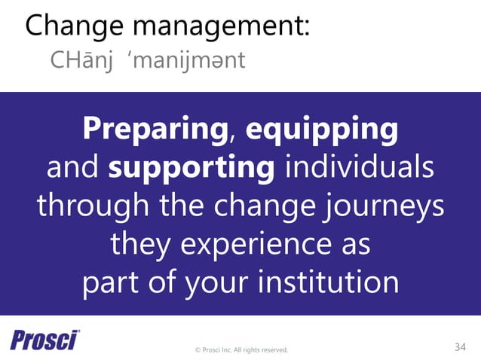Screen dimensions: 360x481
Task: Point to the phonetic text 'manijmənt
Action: [188, 60]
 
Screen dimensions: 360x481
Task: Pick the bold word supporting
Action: [191, 168]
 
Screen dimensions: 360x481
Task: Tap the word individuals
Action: [358, 168]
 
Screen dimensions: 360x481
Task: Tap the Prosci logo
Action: [45, 340]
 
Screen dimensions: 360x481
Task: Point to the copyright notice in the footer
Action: [240, 349]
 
